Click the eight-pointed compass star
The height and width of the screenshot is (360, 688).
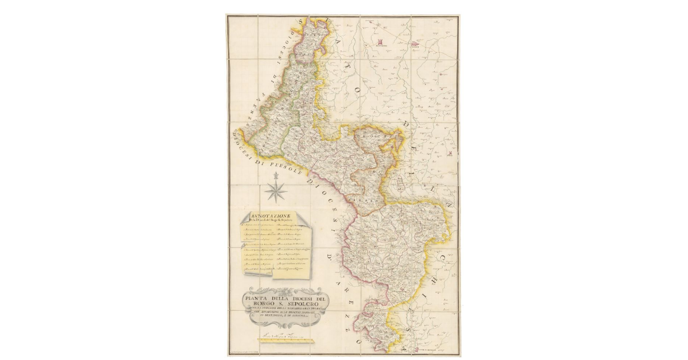tap(276, 190)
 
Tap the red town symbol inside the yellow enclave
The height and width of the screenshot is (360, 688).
tap(392, 147)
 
